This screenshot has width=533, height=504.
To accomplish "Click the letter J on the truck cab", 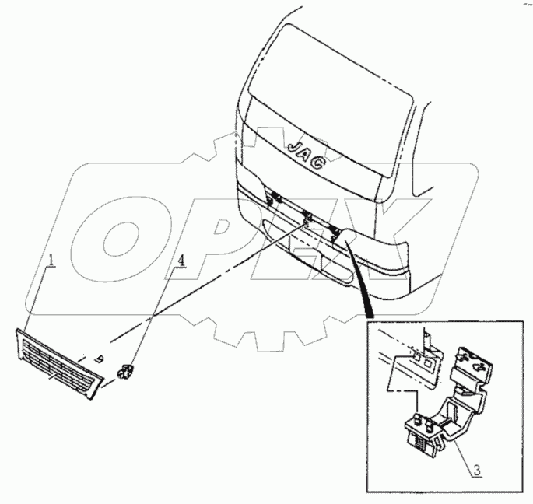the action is [x=295, y=145].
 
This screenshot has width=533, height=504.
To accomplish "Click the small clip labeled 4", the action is [x=124, y=372].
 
